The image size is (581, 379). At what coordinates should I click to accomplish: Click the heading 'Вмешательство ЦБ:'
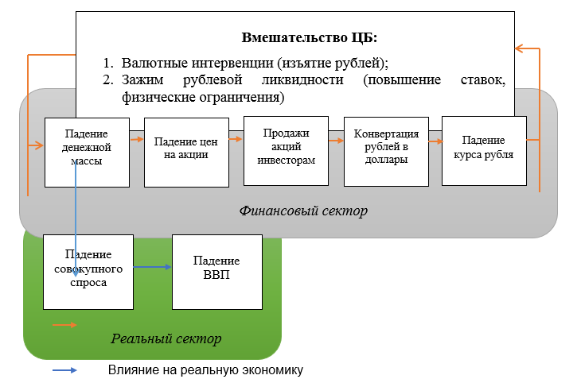[309, 37]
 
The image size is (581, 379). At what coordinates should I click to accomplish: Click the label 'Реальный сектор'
[166, 338]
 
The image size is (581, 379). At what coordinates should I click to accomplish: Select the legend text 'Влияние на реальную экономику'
[206, 370]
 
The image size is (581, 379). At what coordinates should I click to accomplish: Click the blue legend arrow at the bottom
[64, 370]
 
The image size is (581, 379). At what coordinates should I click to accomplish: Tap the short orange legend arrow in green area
[64, 325]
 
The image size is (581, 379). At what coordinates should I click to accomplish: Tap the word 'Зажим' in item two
[145, 81]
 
